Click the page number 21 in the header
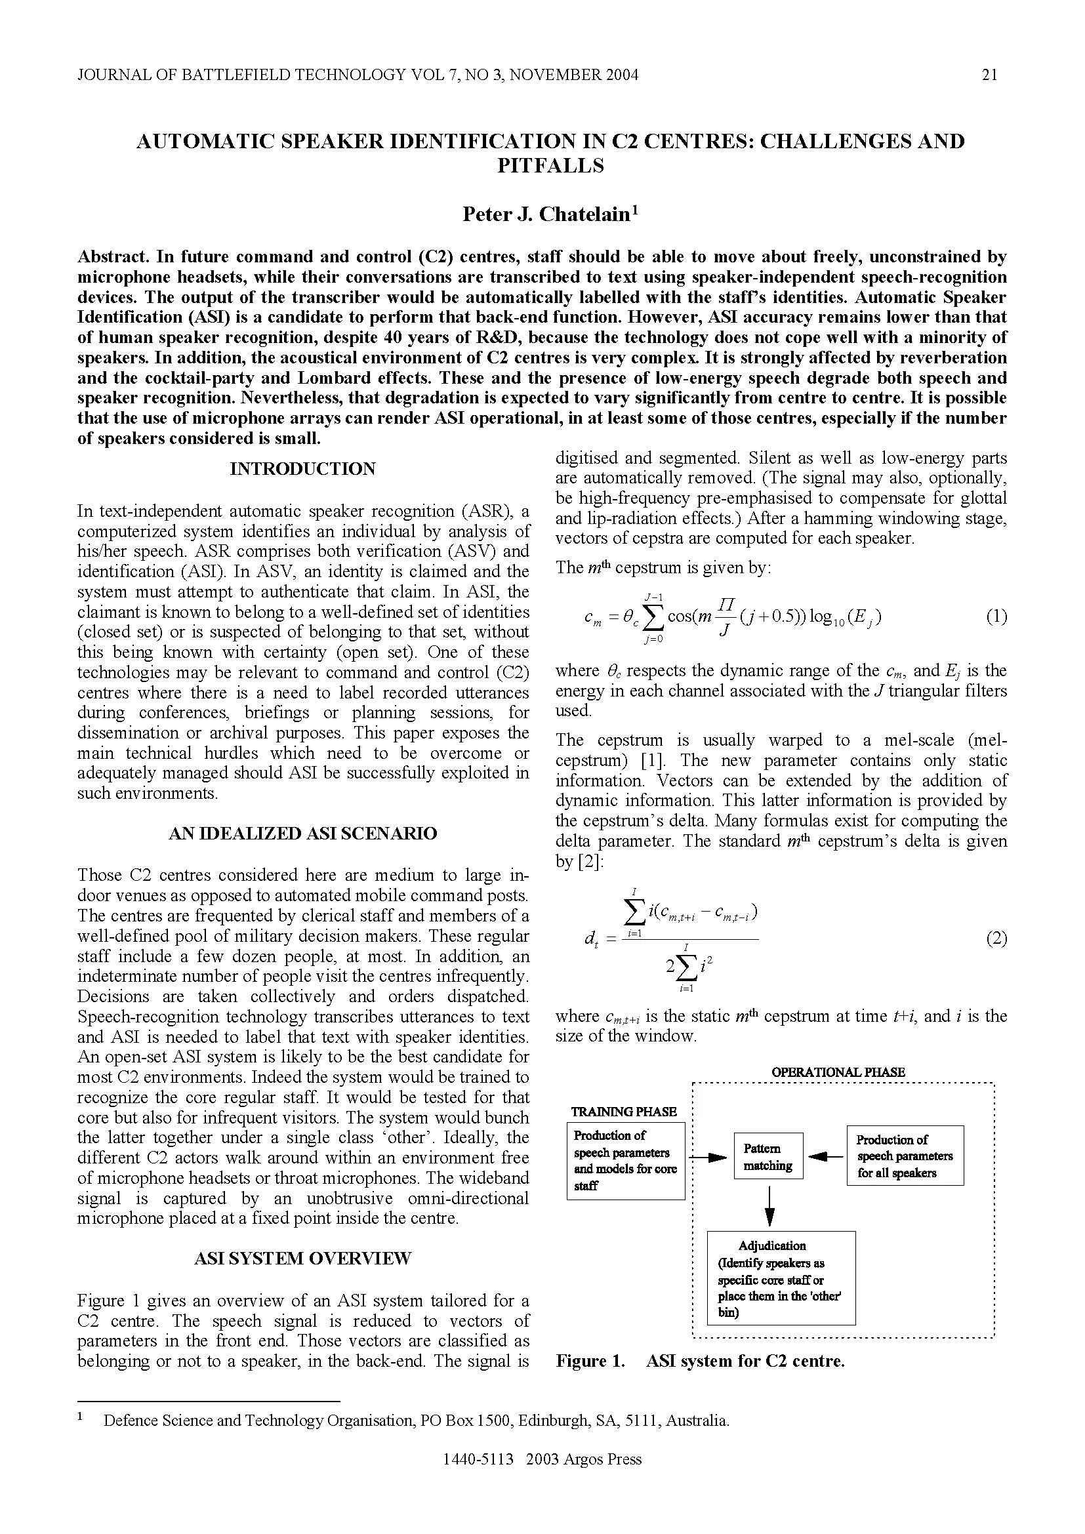[x=989, y=75]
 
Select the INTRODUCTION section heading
[x=302, y=469]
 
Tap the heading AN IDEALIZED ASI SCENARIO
[x=302, y=833]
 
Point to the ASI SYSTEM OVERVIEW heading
[x=302, y=1258]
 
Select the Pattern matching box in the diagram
[x=768, y=1156]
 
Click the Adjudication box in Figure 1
[x=781, y=1278]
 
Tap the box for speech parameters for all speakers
[x=905, y=1156]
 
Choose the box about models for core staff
[x=625, y=1161]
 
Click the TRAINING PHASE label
[x=623, y=1111]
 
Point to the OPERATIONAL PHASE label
[x=838, y=1072]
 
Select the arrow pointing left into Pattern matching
[x=825, y=1156]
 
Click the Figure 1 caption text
[x=699, y=1361]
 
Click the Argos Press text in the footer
[x=605, y=1477]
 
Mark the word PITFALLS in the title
[x=550, y=165]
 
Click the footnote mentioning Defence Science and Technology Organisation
[x=415, y=1421]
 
